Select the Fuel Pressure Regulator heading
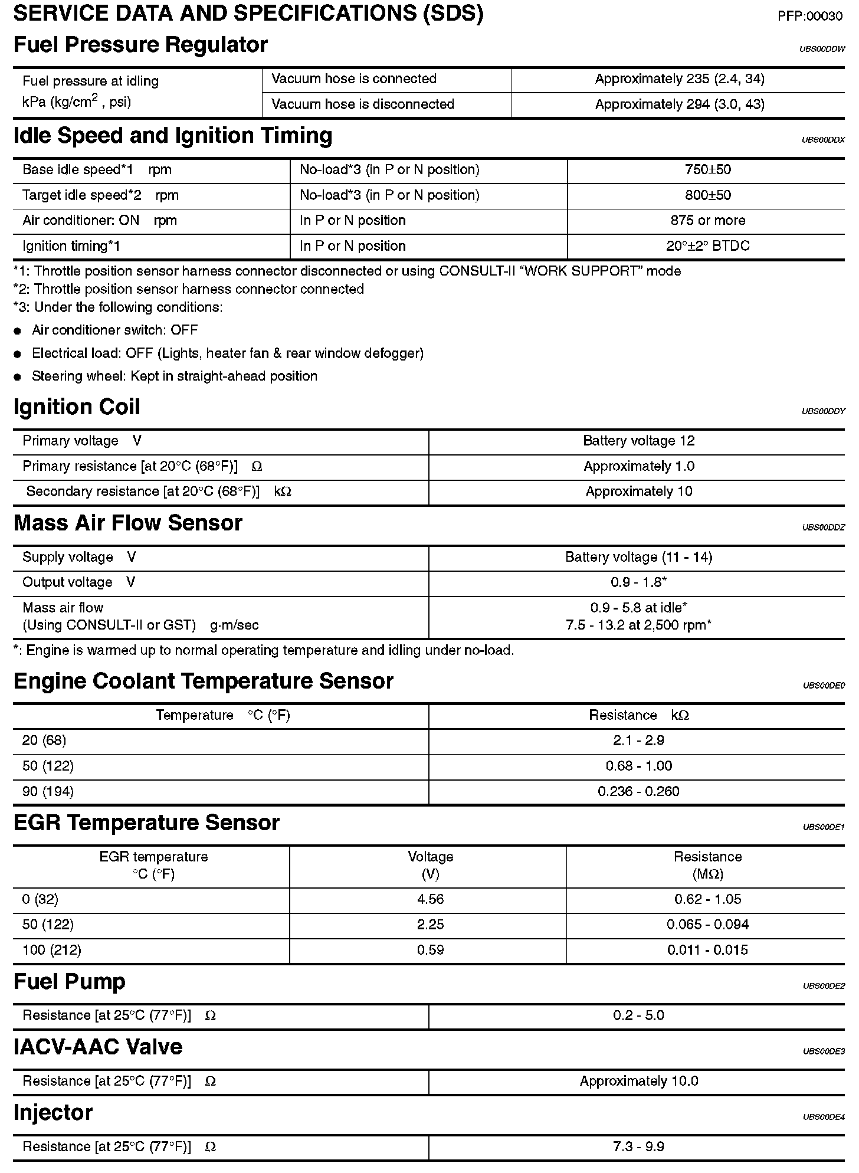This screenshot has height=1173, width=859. pyautogui.click(x=140, y=45)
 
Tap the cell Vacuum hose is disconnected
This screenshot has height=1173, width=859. pyautogui.click(x=362, y=104)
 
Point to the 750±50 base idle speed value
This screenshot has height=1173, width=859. pyautogui.click(x=707, y=170)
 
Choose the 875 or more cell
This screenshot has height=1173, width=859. pyautogui.click(x=707, y=221)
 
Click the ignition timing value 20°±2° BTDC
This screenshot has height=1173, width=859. pyautogui.click(x=707, y=246)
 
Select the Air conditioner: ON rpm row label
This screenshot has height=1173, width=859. pyautogui.click(x=99, y=221)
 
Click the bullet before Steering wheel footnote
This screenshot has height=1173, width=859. pyautogui.click(x=18, y=377)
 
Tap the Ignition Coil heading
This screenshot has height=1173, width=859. pyautogui.click(x=77, y=407)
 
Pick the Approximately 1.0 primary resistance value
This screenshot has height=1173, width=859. pyautogui.click(x=638, y=467)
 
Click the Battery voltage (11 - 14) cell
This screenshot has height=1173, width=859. pyautogui.click(x=638, y=558)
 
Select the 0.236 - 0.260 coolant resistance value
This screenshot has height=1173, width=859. pyautogui.click(x=638, y=791)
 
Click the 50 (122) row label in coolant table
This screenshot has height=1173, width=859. pyautogui.click(x=48, y=766)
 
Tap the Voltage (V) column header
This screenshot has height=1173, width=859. pyautogui.click(x=430, y=865)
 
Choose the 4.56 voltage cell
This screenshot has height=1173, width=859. pyautogui.click(x=430, y=899)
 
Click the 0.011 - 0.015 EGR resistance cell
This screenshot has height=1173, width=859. pyautogui.click(x=707, y=950)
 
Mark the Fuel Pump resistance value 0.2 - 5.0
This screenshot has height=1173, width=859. pyautogui.click(x=638, y=1015)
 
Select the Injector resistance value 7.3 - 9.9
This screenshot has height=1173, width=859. pyautogui.click(x=638, y=1146)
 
